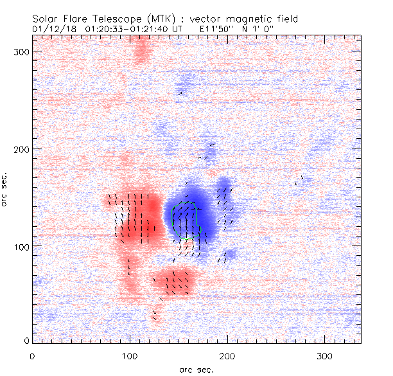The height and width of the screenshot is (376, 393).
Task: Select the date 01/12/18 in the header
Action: (x=53, y=29)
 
